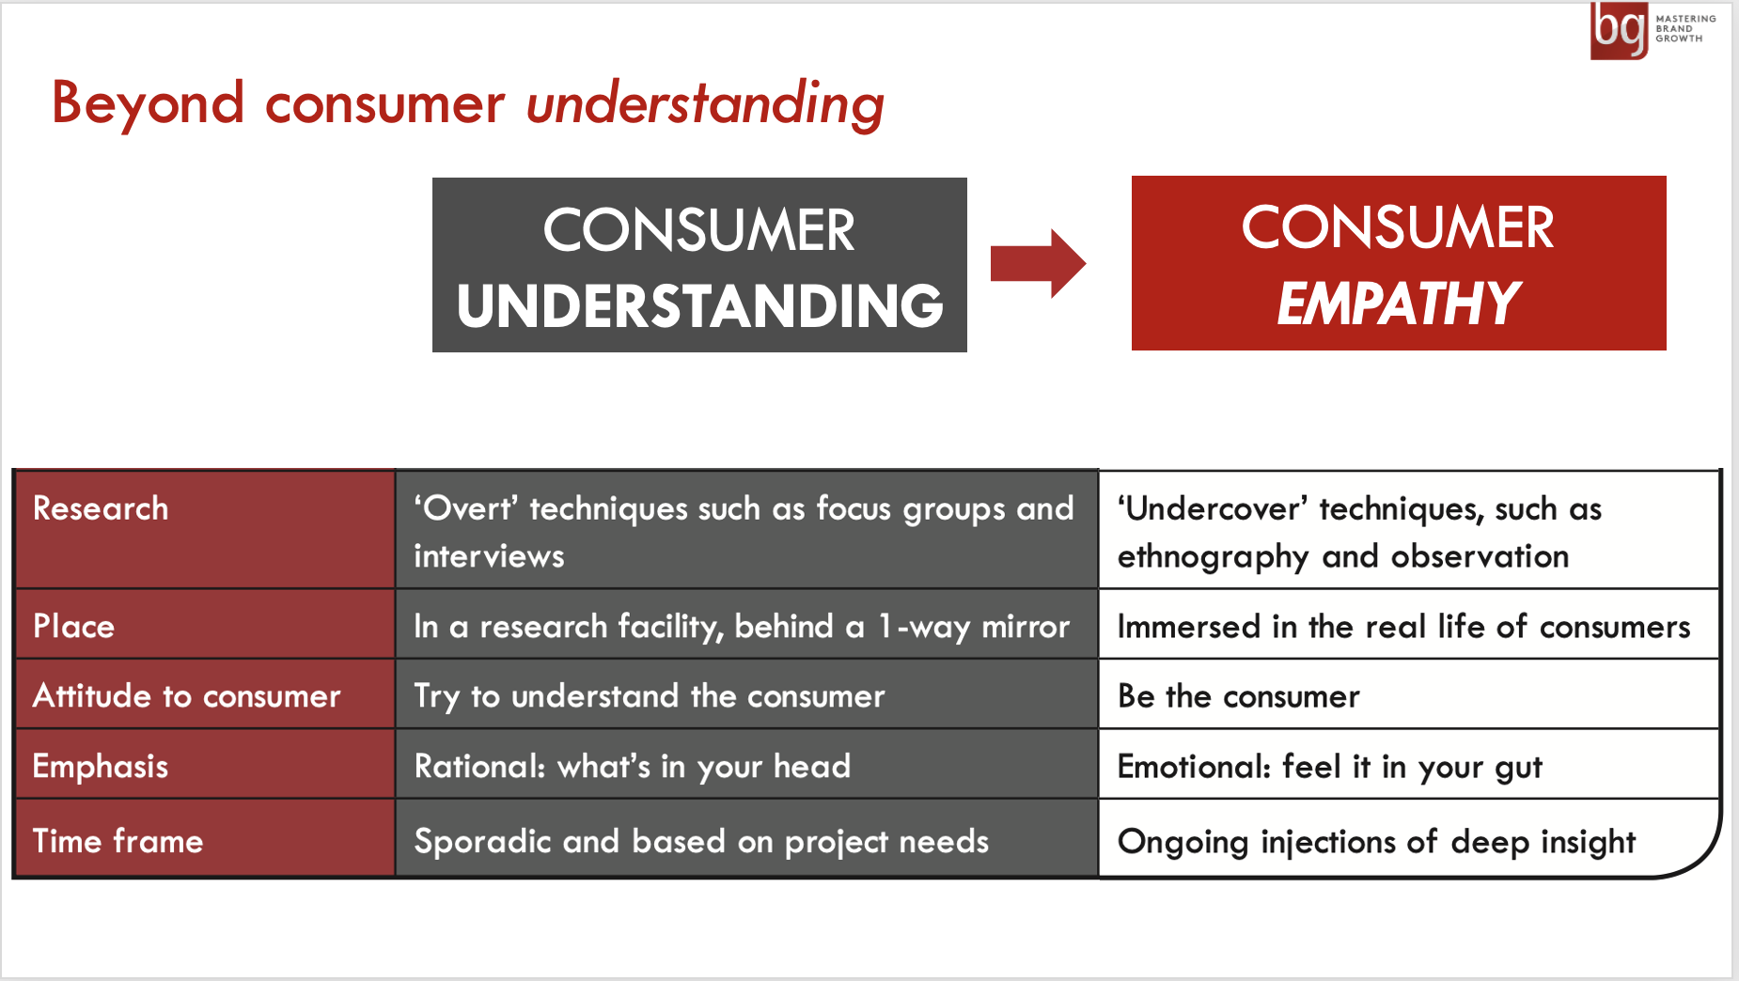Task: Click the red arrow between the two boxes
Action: [x=1038, y=263]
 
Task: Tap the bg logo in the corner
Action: [x=1619, y=30]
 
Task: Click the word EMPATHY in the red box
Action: [x=1398, y=304]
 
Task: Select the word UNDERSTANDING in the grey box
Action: [x=699, y=306]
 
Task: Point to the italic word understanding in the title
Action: [x=705, y=103]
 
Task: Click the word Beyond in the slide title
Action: [x=148, y=102]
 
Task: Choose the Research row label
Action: [x=101, y=508]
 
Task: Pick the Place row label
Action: [x=73, y=626]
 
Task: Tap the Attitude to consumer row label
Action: [x=186, y=695]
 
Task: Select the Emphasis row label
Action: [x=101, y=767]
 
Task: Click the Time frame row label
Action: [x=117, y=840]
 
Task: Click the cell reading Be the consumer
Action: [x=1408, y=695]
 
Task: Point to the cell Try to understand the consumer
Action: [x=746, y=695]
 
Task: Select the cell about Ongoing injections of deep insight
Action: [x=1408, y=838]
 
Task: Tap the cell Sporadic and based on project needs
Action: [x=746, y=838]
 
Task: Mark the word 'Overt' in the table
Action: [x=466, y=508]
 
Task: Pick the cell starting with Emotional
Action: [x=1408, y=766]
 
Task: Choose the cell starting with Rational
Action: [x=746, y=766]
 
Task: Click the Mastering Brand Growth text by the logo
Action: [x=1685, y=28]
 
